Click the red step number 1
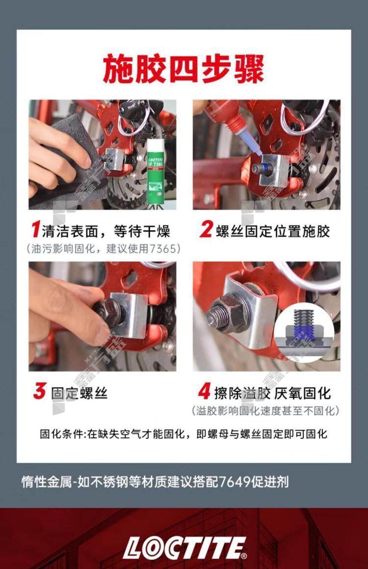click(x=36, y=230)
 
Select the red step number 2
click(x=206, y=230)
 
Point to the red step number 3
click(x=40, y=392)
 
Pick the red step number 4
click(x=205, y=392)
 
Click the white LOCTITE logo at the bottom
click(x=184, y=547)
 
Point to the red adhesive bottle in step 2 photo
click(x=224, y=116)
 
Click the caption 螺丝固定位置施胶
click(x=273, y=231)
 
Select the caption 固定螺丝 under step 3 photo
click(x=79, y=393)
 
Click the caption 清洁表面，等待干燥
click(x=106, y=231)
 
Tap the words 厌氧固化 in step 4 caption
click(x=302, y=393)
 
